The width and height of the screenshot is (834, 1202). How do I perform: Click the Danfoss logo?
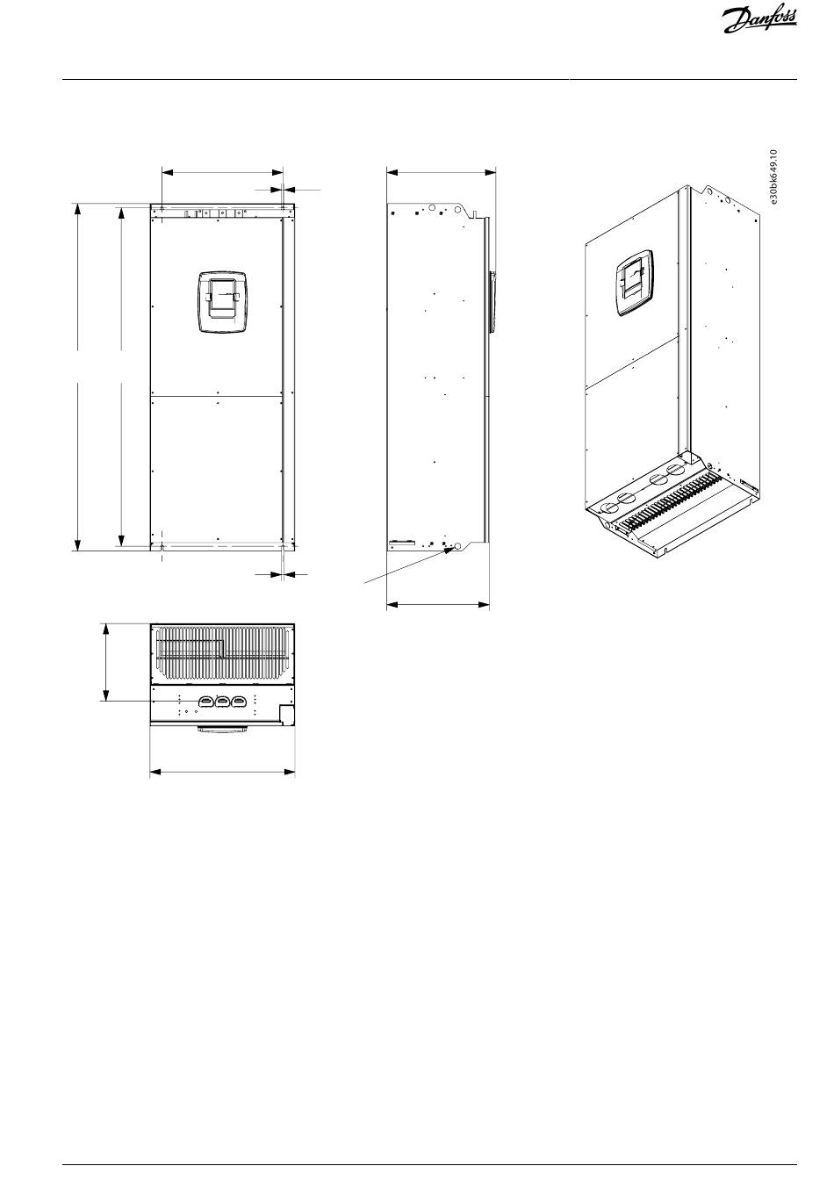point(759,21)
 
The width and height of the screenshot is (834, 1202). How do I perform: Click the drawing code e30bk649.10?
point(773,177)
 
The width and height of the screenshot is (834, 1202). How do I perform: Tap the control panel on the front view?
point(222,302)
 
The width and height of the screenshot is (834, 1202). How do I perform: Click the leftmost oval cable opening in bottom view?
point(206,701)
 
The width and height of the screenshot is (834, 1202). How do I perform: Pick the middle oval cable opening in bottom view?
point(222,701)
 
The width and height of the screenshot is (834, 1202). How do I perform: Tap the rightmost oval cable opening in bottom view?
point(238,701)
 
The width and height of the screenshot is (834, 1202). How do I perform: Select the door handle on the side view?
point(491,303)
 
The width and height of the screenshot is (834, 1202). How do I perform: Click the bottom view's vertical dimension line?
point(106,662)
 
